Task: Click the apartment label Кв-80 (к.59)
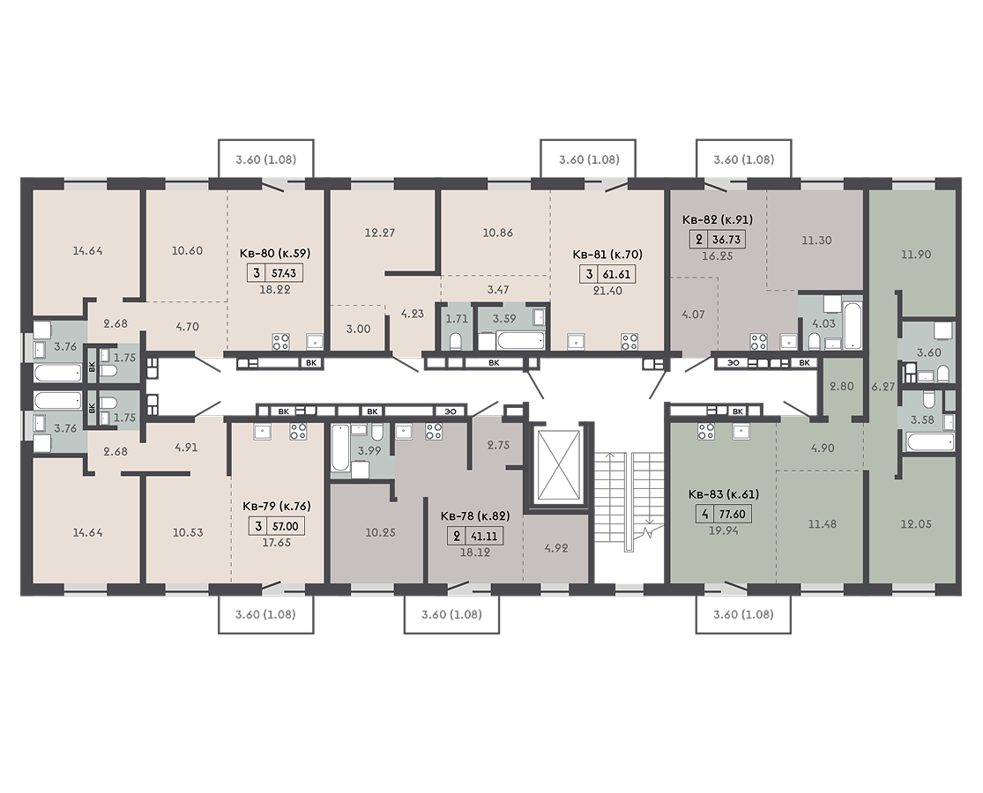275,253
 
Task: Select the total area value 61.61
617,274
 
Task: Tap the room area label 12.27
380,233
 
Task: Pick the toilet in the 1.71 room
456,341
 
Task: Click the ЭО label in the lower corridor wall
451,411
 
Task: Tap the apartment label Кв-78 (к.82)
475,516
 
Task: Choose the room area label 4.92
556,548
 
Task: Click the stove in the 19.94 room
706,431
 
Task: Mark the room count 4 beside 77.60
705,515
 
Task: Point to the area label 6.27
883,387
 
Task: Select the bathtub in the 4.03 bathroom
853,326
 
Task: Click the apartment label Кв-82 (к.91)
717,219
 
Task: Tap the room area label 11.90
916,255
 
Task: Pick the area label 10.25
381,532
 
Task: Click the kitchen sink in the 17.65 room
262,431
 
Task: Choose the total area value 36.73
726,240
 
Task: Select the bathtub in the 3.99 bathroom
339,448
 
